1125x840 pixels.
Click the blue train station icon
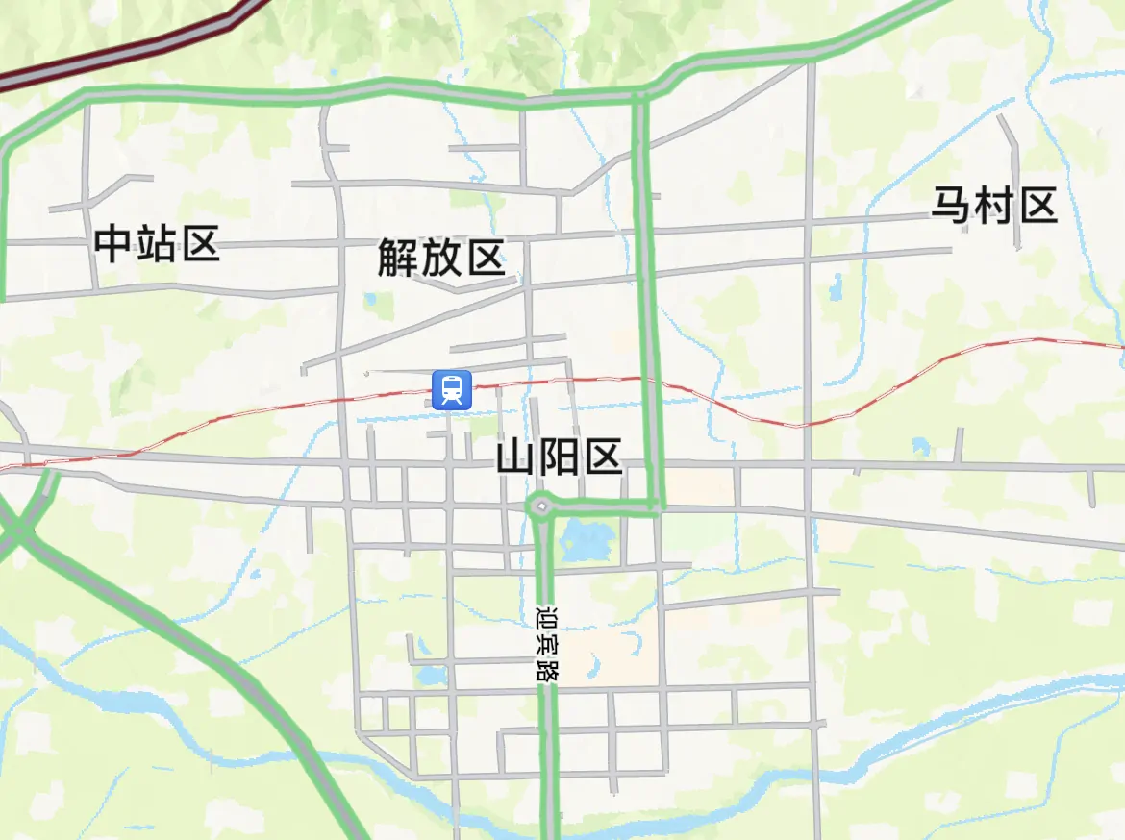pos(452,389)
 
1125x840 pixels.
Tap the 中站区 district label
pos(158,244)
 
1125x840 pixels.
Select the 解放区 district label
pos(441,258)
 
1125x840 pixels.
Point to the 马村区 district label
pos(994,206)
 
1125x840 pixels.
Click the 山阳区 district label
pos(560,457)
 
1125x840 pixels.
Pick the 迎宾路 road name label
pos(546,642)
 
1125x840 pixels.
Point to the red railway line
pos(865,399)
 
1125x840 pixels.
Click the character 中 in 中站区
pos(114,244)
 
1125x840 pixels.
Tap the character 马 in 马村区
pos(952,206)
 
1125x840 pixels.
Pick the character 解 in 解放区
pos(398,258)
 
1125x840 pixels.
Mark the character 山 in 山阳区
pos(516,457)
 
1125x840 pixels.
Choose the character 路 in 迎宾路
pos(546,670)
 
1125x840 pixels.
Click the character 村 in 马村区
pos(994,206)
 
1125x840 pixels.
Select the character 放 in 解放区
pos(441,258)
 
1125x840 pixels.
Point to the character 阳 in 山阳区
pos(560,457)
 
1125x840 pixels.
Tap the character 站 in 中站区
pos(158,244)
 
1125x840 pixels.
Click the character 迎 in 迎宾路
pos(546,615)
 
